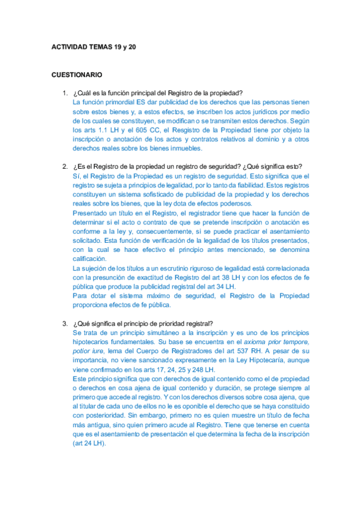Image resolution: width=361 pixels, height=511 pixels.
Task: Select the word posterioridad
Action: (x=96, y=415)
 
